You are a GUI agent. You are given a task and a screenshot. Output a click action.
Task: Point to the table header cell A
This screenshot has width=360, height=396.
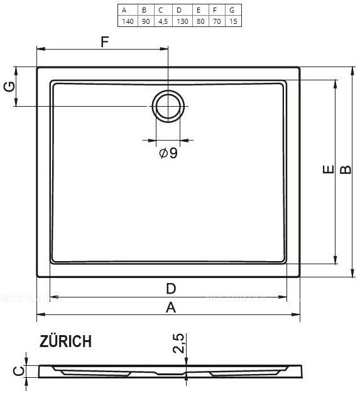coord(126,10)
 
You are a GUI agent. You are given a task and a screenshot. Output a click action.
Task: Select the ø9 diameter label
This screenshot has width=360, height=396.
coord(168,153)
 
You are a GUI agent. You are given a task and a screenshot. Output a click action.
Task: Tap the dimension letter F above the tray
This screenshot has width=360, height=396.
coord(105,42)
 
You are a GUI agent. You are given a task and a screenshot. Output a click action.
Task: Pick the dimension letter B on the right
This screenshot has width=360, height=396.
coord(346,170)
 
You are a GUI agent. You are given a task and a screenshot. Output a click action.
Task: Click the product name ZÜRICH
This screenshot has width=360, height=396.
coord(65,341)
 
